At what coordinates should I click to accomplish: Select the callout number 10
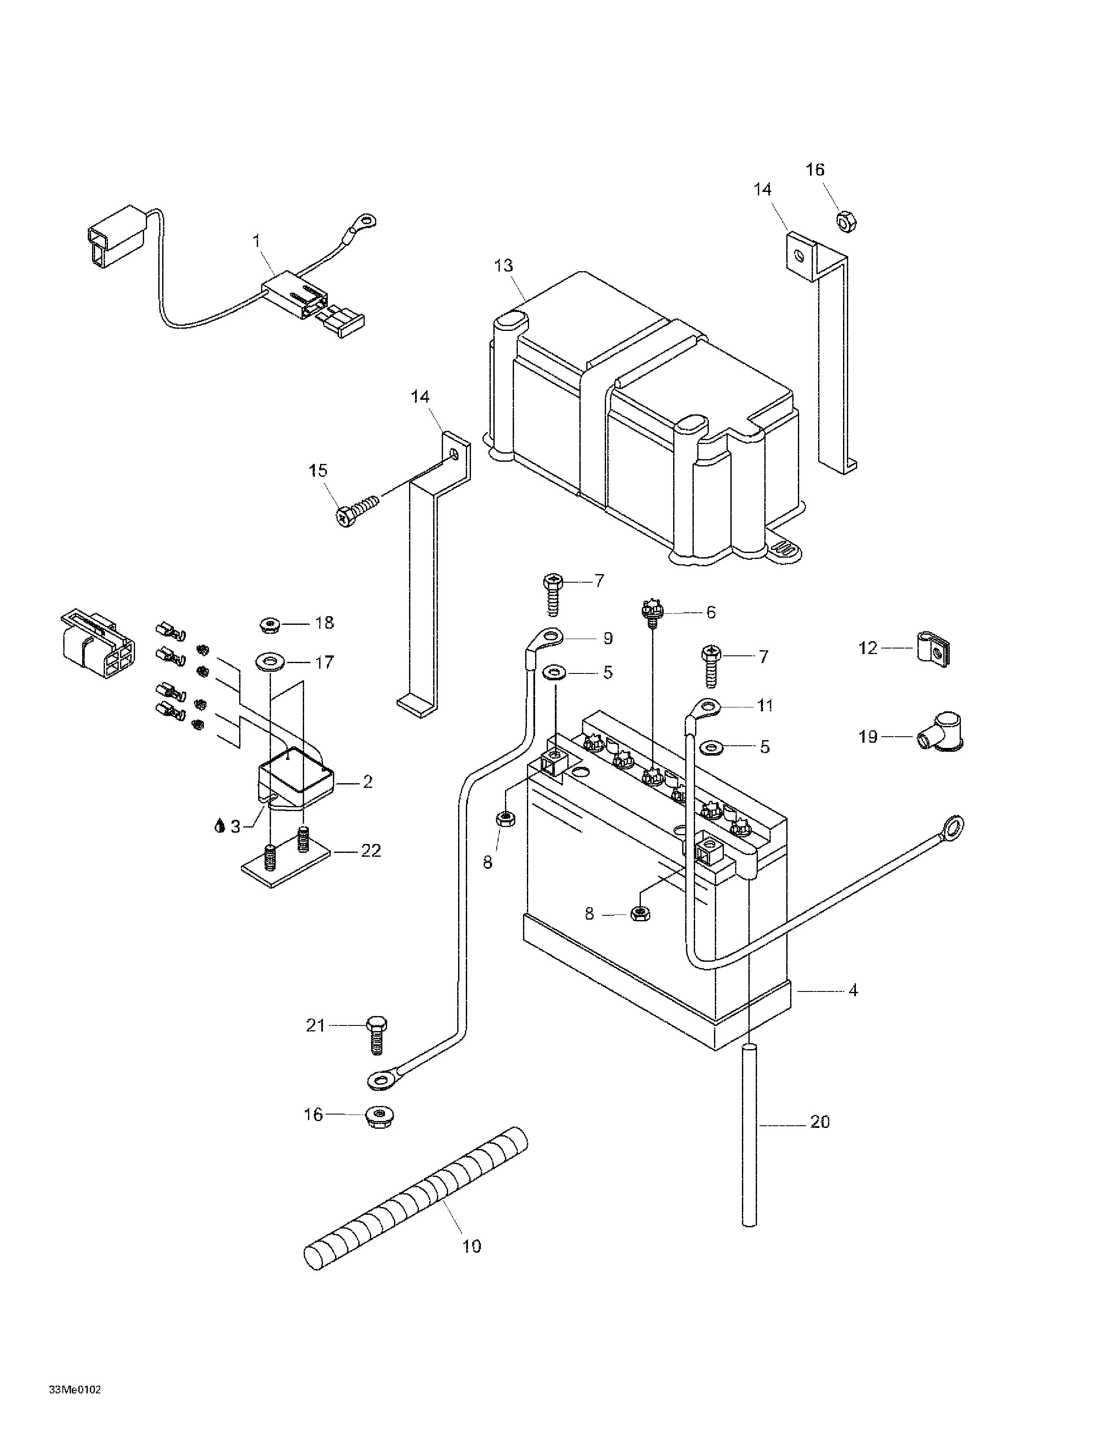pos(472,1246)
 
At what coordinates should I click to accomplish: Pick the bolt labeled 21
pos(376,1046)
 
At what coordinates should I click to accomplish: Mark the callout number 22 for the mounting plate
pos(371,851)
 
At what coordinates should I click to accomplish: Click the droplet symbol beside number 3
pos(219,826)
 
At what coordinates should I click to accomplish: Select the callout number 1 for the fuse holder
pos(256,241)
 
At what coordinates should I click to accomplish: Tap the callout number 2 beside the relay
pos(368,782)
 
